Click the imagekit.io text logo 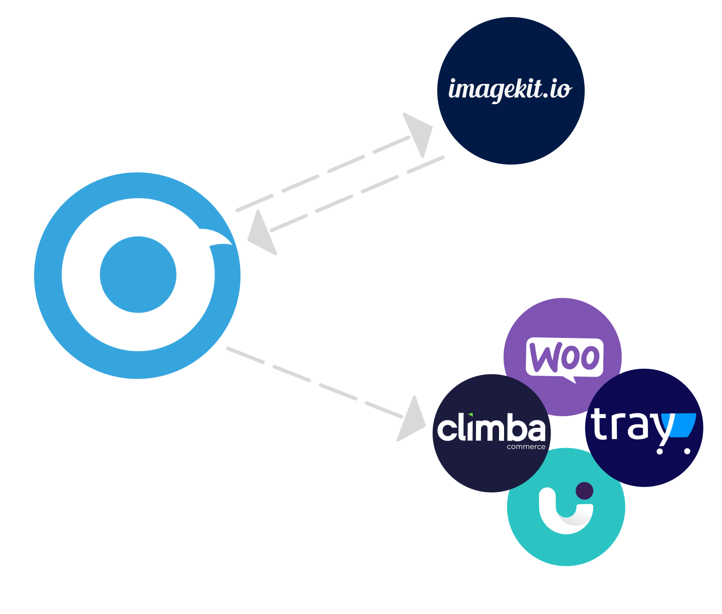click(510, 89)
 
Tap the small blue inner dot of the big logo click(138, 275)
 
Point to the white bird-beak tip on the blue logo click(221, 237)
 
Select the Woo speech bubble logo click(564, 357)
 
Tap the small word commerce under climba click(526, 447)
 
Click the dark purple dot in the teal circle click(585, 490)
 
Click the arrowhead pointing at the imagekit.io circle click(418, 132)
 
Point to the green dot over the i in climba click(470, 414)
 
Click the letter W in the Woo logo click(544, 357)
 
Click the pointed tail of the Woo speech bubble click(571, 379)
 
